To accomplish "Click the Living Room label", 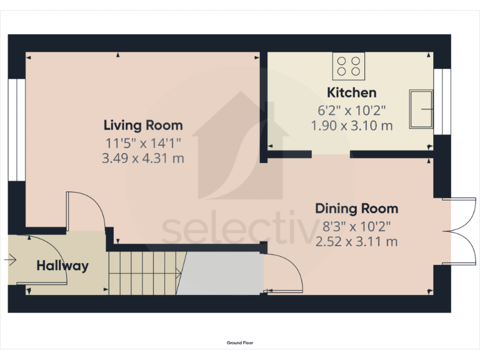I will (x=143, y=125).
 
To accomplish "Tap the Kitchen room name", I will (x=352, y=93).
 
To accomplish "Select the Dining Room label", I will (x=356, y=209).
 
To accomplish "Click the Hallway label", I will (x=62, y=266).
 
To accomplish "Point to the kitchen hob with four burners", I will (x=349, y=66).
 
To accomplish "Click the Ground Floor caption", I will (x=240, y=342).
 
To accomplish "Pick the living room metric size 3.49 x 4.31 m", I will (x=143, y=159).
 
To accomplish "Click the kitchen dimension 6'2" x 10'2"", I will (x=352, y=111).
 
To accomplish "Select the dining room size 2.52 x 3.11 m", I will (x=356, y=241).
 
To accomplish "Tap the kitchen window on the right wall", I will (x=442, y=101).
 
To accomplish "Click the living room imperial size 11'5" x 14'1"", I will (x=143, y=142).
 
